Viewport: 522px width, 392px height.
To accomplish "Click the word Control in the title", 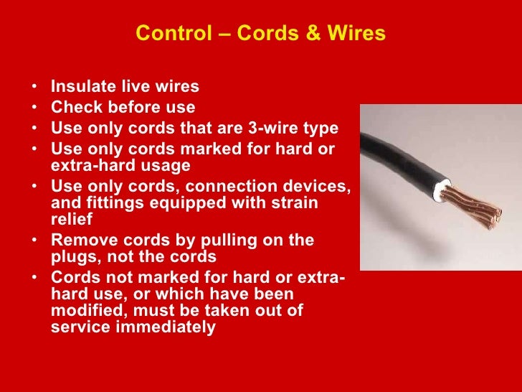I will pyautogui.click(x=165, y=34).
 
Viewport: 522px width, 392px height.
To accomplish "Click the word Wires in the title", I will pyautogui.click(x=359, y=34).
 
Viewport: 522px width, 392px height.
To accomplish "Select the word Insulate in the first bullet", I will pyautogui.click(x=80, y=87).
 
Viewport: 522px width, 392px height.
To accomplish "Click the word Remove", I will pyautogui.click(x=80, y=240).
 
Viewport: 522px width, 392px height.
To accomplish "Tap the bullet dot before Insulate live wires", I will pyautogui.click(x=35, y=88).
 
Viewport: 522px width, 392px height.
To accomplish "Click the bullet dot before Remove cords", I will pyautogui.click(x=35, y=241).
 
